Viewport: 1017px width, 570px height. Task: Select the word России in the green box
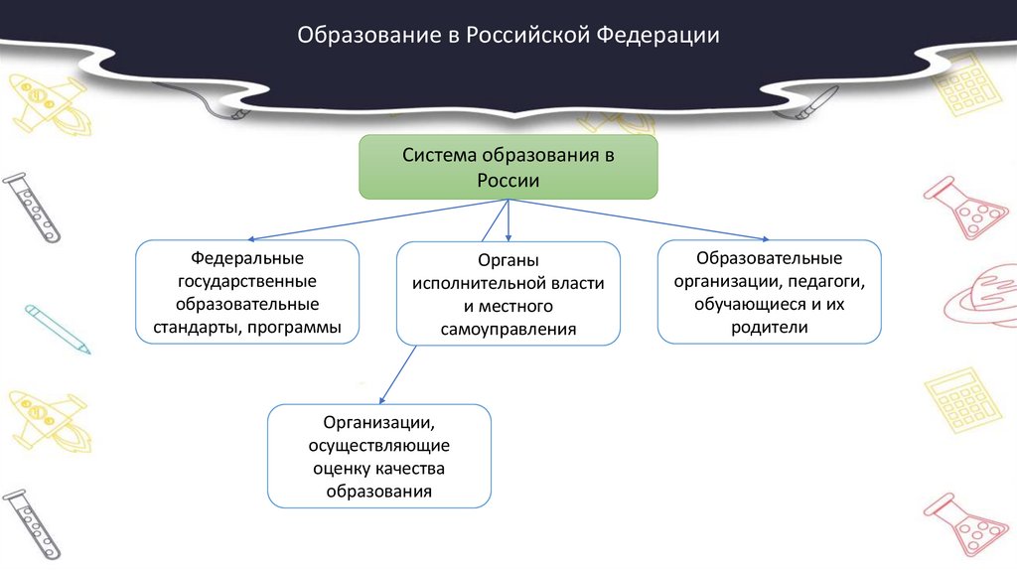(x=508, y=181)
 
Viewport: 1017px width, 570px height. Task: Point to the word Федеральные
(x=247, y=258)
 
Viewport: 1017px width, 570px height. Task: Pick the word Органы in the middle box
(x=508, y=261)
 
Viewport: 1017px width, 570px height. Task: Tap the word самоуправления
(x=508, y=329)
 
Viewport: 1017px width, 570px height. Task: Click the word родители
(x=769, y=327)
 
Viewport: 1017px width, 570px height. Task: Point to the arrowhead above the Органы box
(x=508, y=238)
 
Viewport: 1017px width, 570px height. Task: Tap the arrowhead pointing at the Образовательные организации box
(x=766, y=238)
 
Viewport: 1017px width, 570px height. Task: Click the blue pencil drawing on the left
(x=58, y=329)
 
